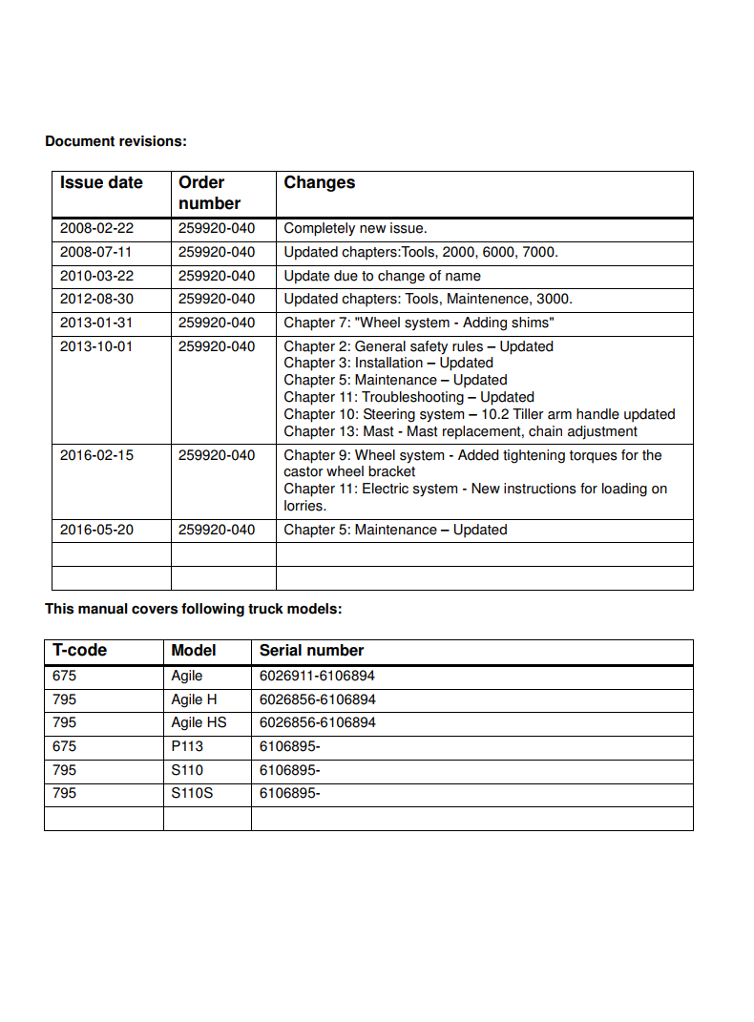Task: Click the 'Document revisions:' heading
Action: (x=115, y=141)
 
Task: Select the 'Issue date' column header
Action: (x=101, y=183)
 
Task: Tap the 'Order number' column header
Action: (x=209, y=193)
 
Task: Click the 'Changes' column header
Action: (x=319, y=183)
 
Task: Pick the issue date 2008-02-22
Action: (x=96, y=229)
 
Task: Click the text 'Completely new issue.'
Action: (x=355, y=229)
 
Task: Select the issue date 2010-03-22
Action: (x=96, y=276)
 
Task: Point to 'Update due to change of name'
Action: (x=382, y=276)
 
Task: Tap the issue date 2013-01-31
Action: (x=96, y=323)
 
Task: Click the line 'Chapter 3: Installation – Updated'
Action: (x=388, y=364)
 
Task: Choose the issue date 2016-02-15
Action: (x=96, y=455)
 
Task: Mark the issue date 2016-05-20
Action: (x=96, y=530)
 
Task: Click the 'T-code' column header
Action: (x=79, y=651)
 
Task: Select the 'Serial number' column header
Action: (x=311, y=651)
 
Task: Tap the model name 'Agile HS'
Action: (x=199, y=722)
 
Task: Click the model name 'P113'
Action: (x=187, y=746)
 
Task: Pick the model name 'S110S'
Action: (x=192, y=793)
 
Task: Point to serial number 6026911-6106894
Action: (x=317, y=676)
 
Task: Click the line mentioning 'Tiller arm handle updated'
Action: (x=479, y=414)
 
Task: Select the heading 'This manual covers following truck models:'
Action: (x=193, y=609)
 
